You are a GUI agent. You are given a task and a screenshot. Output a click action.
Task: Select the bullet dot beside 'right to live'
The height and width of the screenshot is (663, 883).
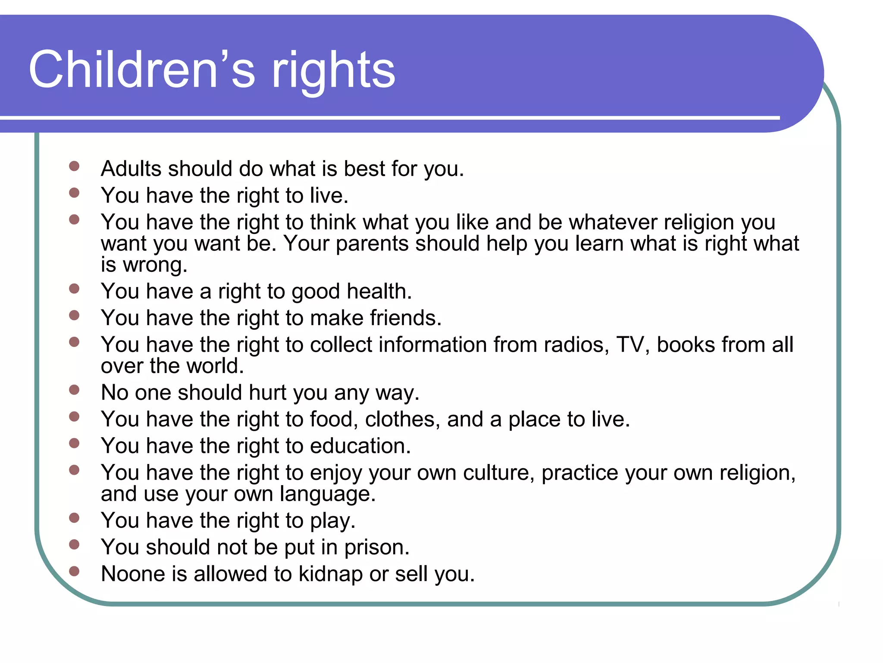coord(74,193)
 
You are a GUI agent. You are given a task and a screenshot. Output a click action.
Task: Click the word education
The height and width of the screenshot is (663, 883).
coord(360,446)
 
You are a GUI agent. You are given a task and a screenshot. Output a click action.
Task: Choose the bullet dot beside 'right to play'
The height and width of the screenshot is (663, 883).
coord(74,518)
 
